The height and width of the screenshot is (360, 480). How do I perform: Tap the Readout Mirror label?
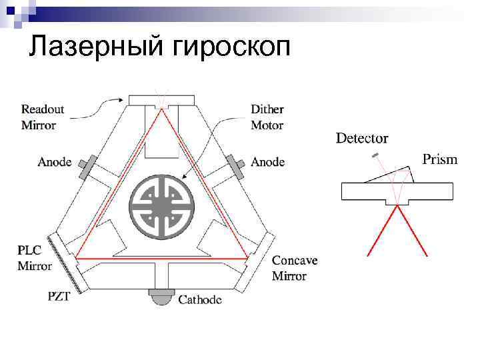coord(43,117)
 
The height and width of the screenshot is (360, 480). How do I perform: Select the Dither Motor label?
coord(267,117)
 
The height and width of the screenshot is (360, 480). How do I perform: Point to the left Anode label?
coord(55,162)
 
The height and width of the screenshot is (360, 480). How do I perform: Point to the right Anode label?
coord(268,162)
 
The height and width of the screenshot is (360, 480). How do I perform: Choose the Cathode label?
coord(200,300)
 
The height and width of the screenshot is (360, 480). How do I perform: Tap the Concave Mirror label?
coord(294,268)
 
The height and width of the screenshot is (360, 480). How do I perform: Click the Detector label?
coord(362,139)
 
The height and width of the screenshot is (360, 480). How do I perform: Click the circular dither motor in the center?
coord(161,199)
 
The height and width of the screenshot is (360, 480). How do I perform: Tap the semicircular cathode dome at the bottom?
coord(161,299)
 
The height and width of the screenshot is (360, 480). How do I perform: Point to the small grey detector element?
coord(376,155)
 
